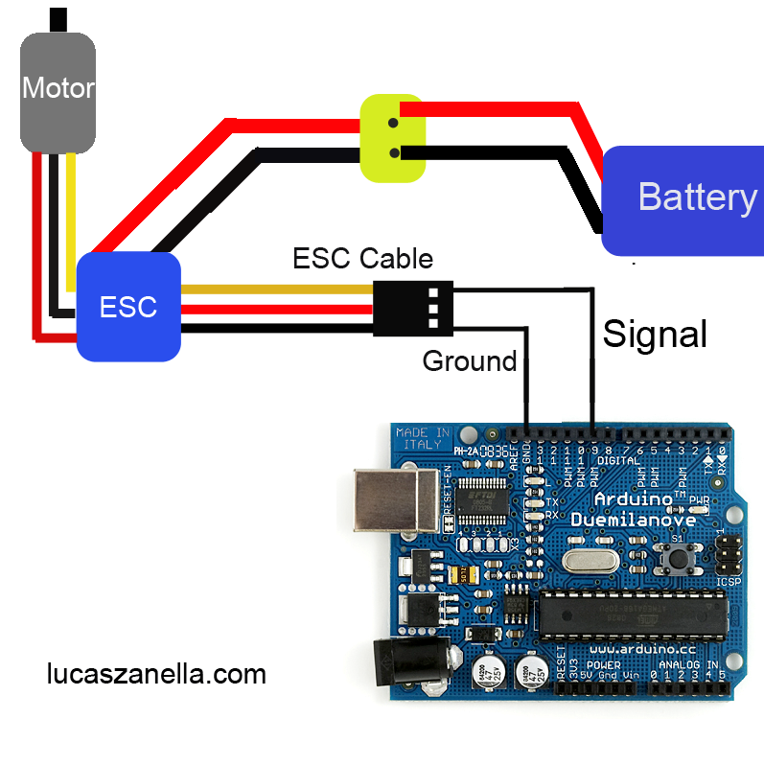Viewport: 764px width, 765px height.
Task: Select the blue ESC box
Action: (128, 307)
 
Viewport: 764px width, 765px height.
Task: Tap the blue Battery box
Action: (683, 199)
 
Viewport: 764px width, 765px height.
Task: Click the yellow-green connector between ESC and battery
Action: (392, 138)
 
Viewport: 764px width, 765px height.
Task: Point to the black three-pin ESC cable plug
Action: (411, 308)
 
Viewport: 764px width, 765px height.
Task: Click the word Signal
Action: (655, 334)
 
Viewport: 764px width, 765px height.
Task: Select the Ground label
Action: (469, 361)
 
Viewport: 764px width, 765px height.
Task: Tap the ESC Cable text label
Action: (362, 258)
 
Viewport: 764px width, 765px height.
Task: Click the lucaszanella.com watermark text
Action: (156, 674)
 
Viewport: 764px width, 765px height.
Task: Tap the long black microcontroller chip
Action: (628, 613)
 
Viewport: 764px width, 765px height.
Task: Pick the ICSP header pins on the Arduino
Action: (729, 553)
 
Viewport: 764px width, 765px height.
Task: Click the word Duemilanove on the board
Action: (628, 520)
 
